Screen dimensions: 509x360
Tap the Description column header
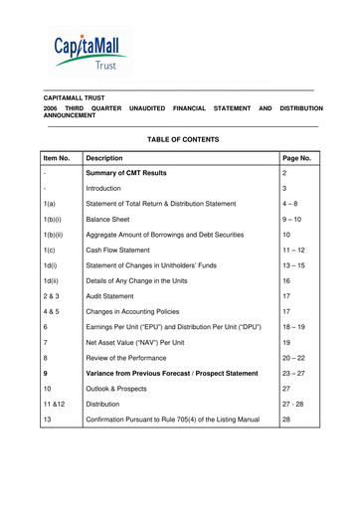click(x=104, y=158)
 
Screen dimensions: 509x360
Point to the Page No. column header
click(x=297, y=158)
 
